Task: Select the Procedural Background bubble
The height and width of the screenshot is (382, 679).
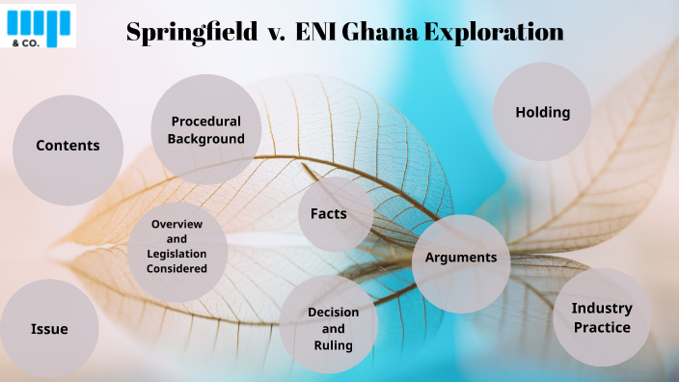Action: (x=206, y=130)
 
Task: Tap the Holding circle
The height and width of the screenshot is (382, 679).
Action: (x=542, y=112)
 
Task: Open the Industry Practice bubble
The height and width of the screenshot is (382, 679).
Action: (x=601, y=317)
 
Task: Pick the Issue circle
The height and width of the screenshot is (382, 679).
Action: (x=49, y=329)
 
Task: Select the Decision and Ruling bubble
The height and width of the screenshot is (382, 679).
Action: (x=333, y=328)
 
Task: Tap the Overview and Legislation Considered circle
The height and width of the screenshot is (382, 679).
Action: (x=177, y=246)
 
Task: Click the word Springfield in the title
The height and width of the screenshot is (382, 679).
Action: (x=188, y=32)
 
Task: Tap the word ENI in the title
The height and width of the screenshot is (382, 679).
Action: (x=313, y=32)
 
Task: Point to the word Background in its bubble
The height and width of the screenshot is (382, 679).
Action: (x=206, y=139)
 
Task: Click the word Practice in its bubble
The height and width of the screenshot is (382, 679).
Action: (x=601, y=327)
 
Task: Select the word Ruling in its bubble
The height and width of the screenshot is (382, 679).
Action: (x=333, y=344)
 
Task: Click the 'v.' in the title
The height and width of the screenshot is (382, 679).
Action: (x=275, y=32)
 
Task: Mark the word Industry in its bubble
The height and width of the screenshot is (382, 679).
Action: (x=601, y=309)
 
